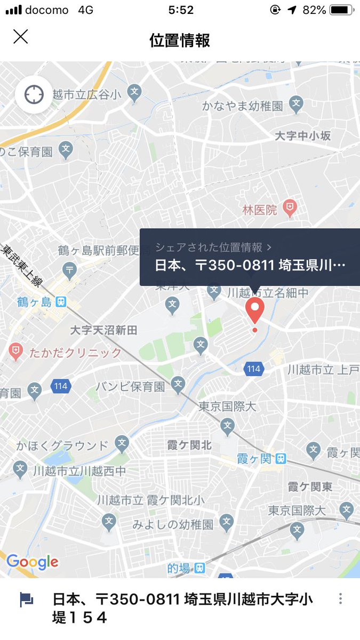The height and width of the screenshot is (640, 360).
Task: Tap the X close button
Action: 20,37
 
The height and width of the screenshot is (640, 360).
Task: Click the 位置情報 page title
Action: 180,40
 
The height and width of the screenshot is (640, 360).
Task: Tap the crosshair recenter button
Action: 34,95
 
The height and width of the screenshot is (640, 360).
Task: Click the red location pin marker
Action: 254,310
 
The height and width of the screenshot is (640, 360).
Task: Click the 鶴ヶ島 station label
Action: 34,302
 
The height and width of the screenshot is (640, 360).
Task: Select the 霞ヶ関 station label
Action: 254,458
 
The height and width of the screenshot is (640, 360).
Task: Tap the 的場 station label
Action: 179,569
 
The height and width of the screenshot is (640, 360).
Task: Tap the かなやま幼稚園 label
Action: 242,106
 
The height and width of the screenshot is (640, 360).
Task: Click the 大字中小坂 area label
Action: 302,136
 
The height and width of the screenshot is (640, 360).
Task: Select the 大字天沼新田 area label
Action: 103,331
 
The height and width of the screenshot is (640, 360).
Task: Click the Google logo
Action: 32,562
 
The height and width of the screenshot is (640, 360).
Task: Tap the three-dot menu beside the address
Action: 340,599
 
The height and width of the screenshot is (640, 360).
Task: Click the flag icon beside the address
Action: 26,599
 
